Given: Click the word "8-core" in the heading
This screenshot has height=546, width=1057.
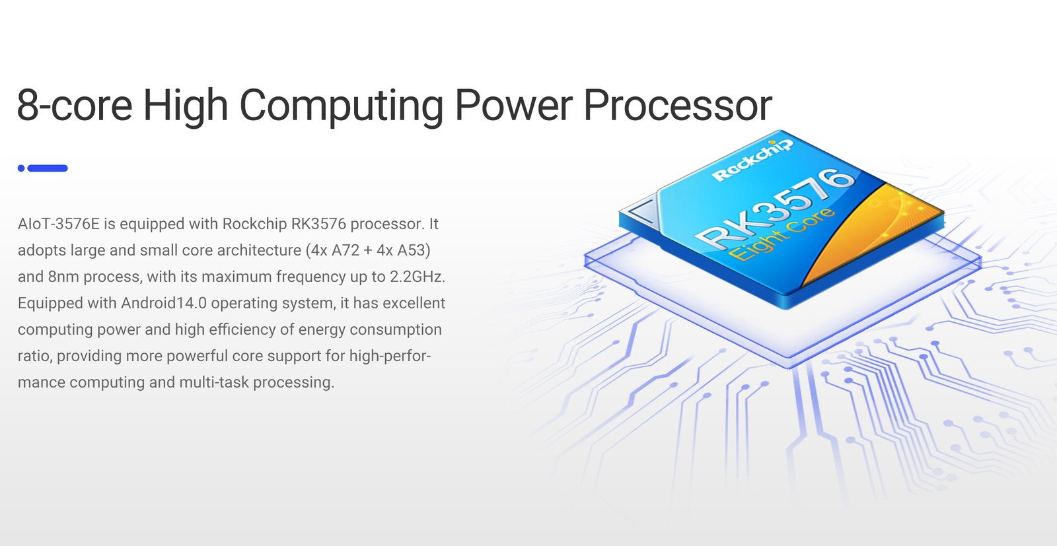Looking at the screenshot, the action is (75, 105).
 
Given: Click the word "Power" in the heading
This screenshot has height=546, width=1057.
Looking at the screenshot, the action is (514, 105).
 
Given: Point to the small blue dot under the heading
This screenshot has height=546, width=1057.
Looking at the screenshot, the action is (21, 168).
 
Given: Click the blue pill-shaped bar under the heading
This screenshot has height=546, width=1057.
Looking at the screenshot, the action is (48, 168).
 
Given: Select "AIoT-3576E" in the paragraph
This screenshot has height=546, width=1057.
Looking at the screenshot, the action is (59, 224).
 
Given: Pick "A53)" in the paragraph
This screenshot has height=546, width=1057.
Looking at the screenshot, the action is (414, 250).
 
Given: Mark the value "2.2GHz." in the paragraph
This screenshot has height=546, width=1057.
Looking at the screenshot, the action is (418, 276).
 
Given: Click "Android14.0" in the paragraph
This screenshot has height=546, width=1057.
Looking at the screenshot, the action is (164, 302).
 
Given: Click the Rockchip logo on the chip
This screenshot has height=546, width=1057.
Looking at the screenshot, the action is (752, 161).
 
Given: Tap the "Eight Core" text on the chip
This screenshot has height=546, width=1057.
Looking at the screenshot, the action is (781, 234).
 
